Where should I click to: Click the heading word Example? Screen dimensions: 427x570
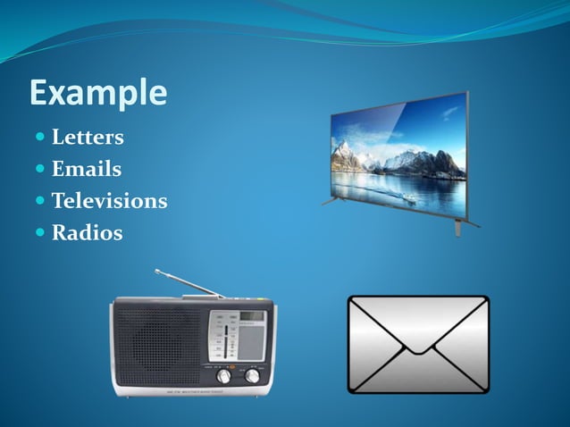pyautogui.click(x=98, y=93)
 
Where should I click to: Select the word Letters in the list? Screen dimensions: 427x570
pyautogui.click(x=88, y=138)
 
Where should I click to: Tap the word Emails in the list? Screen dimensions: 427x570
pyautogui.click(x=87, y=169)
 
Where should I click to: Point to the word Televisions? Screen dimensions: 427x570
pyautogui.click(x=109, y=201)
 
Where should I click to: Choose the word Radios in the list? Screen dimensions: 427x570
pyautogui.click(x=87, y=233)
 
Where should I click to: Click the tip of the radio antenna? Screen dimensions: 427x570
pyautogui.click(x=156, y=270)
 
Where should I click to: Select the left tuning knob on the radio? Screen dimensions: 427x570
pyautogui.click(x=223, y=376)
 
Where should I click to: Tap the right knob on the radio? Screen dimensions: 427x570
pyautogui.click(x=253, y=376)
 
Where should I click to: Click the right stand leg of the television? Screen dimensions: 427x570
pyautogui.click(x=458, y=227)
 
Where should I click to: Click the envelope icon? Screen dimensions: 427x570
pyautogui.click(x=418, y=345)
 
